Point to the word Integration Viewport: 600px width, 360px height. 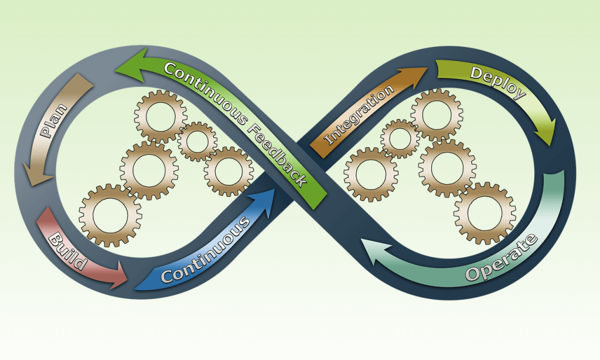point(359,116)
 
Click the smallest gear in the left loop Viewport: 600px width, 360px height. point(197,141)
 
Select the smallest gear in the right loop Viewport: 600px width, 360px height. point(400,139)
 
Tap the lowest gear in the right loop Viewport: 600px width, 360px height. point(484,213)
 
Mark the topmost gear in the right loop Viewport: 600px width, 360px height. point(436,114)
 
